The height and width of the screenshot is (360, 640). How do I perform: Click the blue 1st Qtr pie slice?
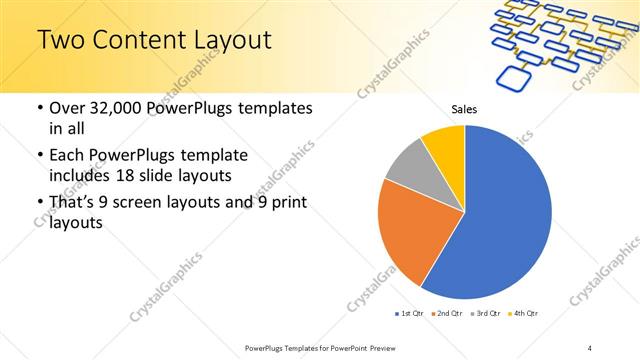[500, 220]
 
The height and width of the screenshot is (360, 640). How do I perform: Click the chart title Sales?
[464, 110]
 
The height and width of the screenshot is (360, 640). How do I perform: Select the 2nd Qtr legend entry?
[449, 314]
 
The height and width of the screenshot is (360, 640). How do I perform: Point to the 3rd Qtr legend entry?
[488, 314]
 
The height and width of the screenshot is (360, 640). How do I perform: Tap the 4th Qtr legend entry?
[526, 314]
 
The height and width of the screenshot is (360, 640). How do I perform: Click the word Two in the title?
[62, 41]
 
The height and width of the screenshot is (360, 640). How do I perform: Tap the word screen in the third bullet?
[146, 204]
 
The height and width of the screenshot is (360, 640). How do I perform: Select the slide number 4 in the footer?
[591, 346]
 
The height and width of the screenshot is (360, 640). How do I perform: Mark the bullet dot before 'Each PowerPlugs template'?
[39, 156]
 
